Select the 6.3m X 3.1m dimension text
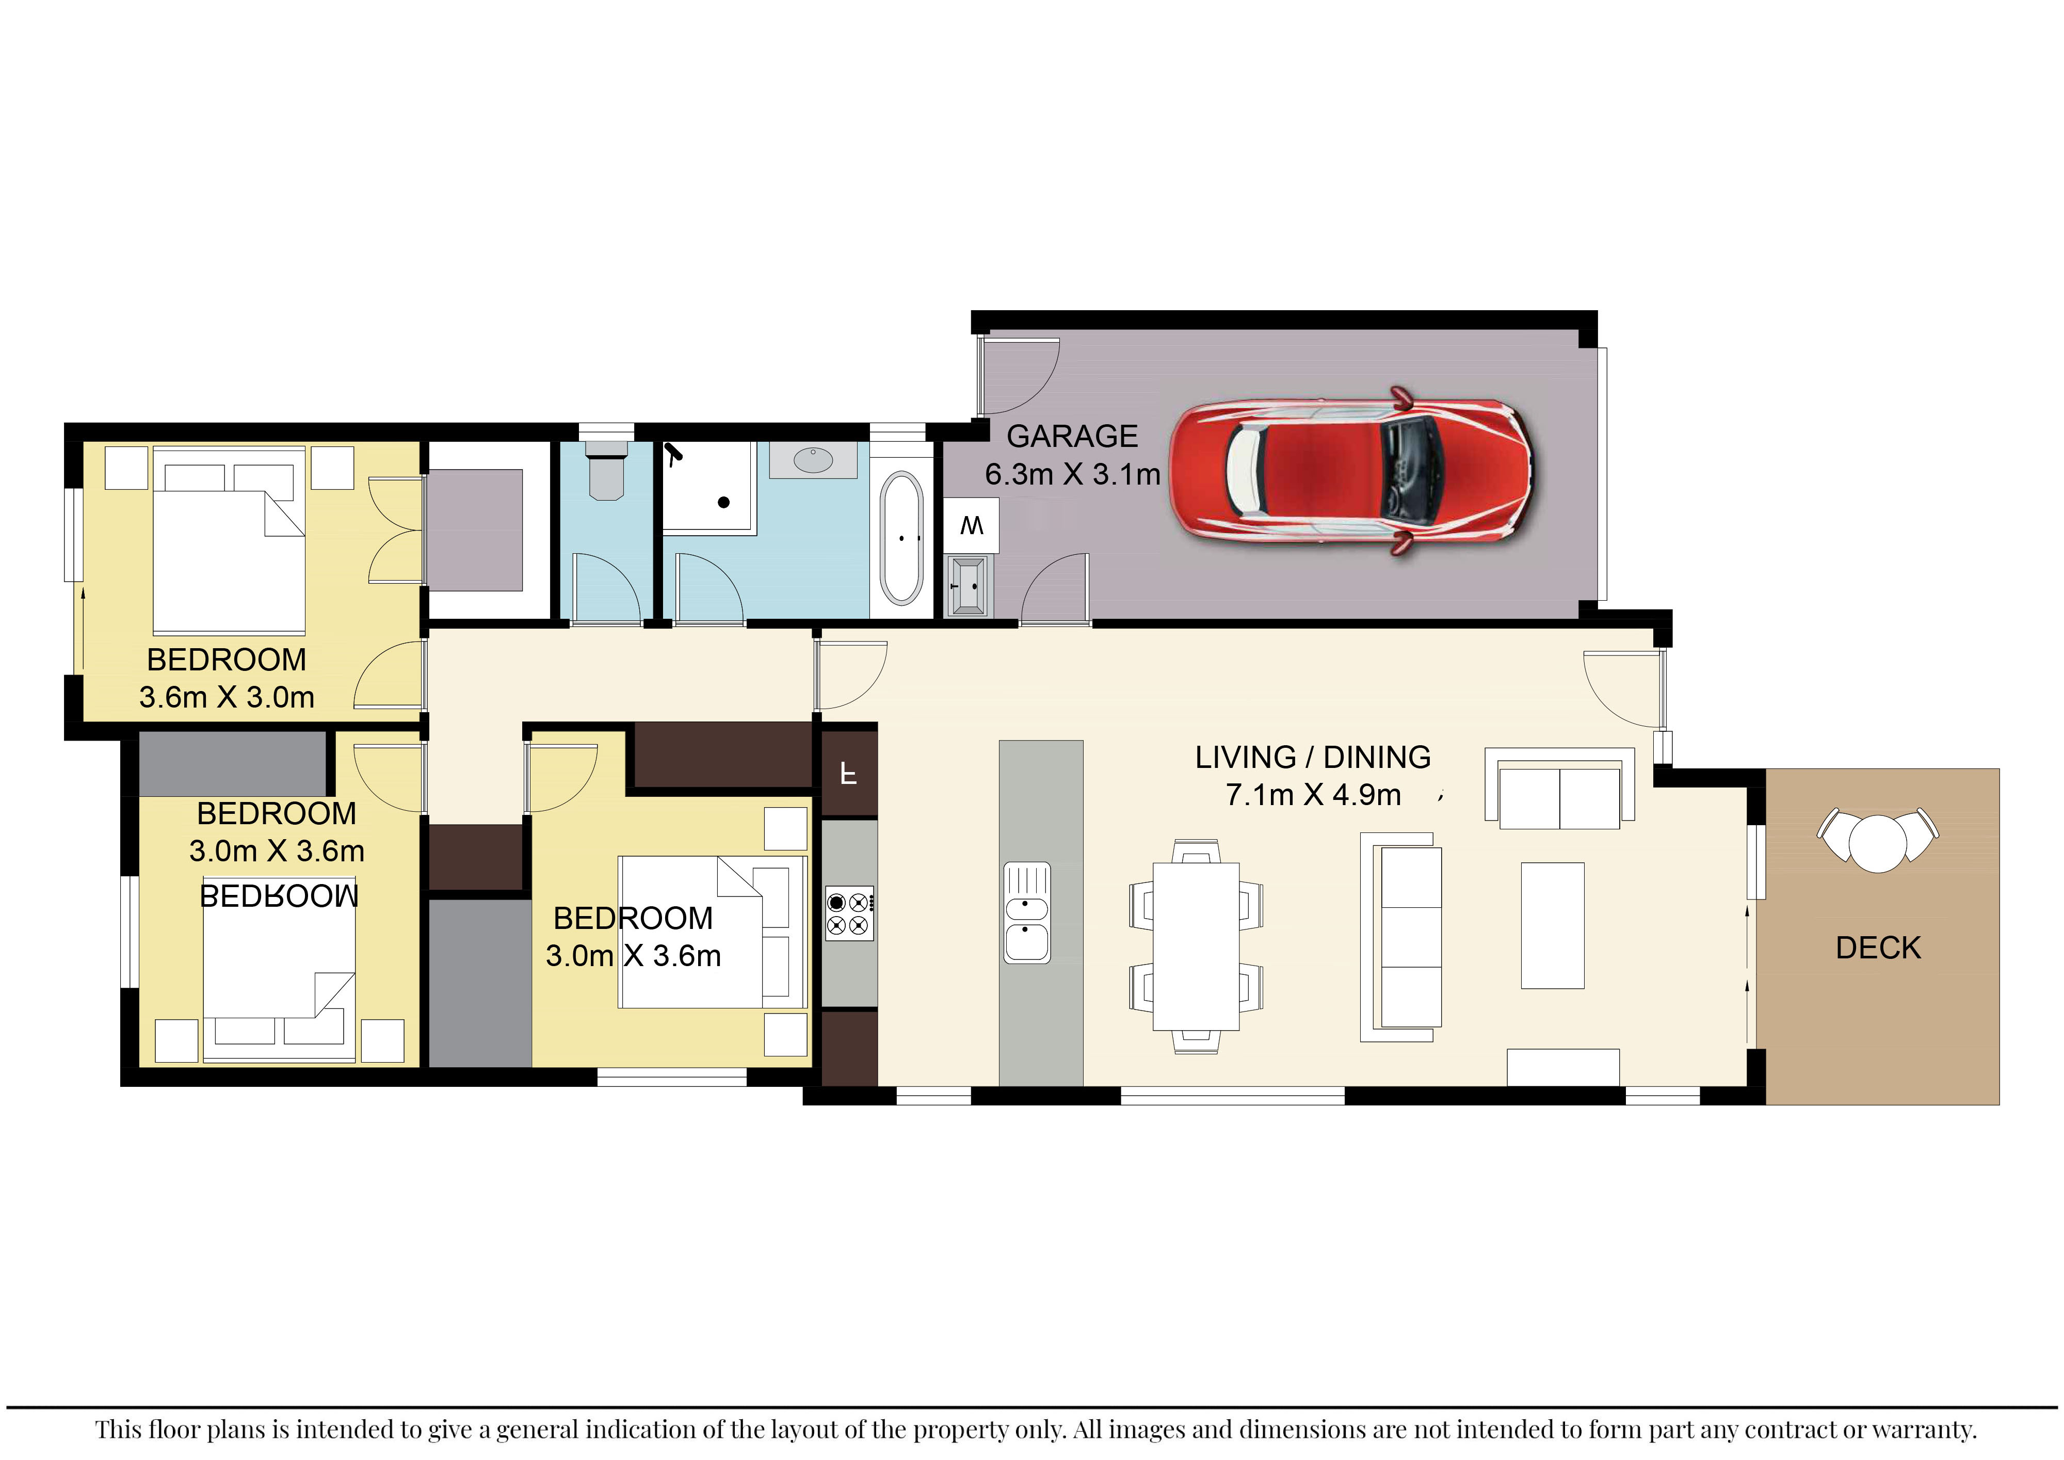1072,474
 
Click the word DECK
1878,948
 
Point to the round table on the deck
1877,842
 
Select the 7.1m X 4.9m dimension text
1313,795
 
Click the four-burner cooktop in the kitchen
849,913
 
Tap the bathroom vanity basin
814,460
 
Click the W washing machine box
971,525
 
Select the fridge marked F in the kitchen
849,772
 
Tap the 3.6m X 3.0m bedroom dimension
227,697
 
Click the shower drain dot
723,503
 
